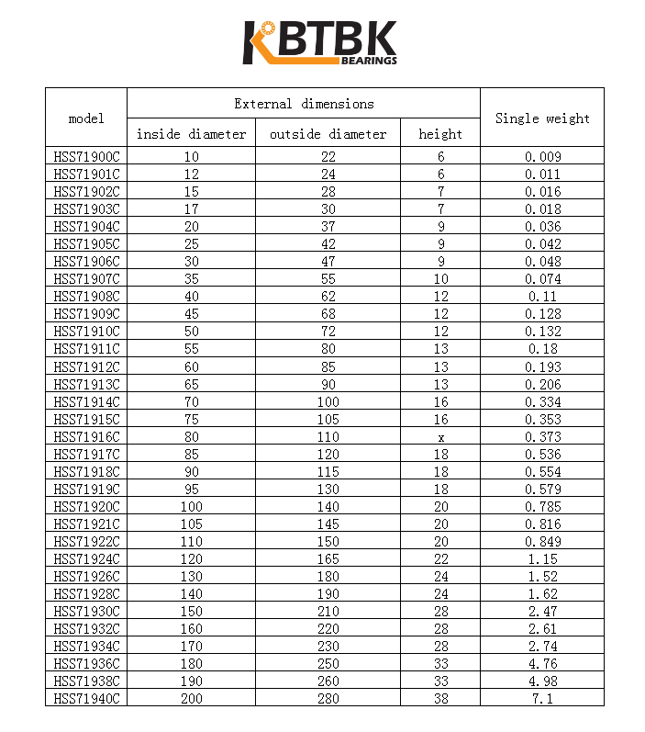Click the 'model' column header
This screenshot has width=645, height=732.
(x=86, y=118)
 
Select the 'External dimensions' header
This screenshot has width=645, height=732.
(x=304, y=104)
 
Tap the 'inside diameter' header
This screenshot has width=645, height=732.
(x=191, y=134)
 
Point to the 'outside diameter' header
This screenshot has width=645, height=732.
(x=328, y=134)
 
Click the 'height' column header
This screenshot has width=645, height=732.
(x=440, y=134)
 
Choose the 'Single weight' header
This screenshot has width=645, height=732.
(x=542, y=118)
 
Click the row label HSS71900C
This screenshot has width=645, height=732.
(x=86, y=157)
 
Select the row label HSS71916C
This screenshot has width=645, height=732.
(x=86, y=437)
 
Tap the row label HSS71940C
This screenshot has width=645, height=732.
(x=86, y=699)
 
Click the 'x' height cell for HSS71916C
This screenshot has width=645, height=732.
(x=440, y=437)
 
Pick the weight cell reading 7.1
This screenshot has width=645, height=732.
(x=542, y=699)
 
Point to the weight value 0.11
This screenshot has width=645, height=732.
(x=542, y=297)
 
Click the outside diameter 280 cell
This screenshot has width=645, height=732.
(x=328, y=699)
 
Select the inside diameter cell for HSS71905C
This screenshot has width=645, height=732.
(x=191, y=244)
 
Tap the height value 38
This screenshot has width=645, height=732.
(x=440, y=699)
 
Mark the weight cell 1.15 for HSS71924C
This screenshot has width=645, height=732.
(x=542, y=559)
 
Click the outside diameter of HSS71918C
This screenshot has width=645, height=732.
(x=328, y=472)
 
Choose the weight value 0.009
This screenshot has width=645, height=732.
(x=542, y=157)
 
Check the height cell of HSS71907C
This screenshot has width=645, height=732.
(x=440, y=279)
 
